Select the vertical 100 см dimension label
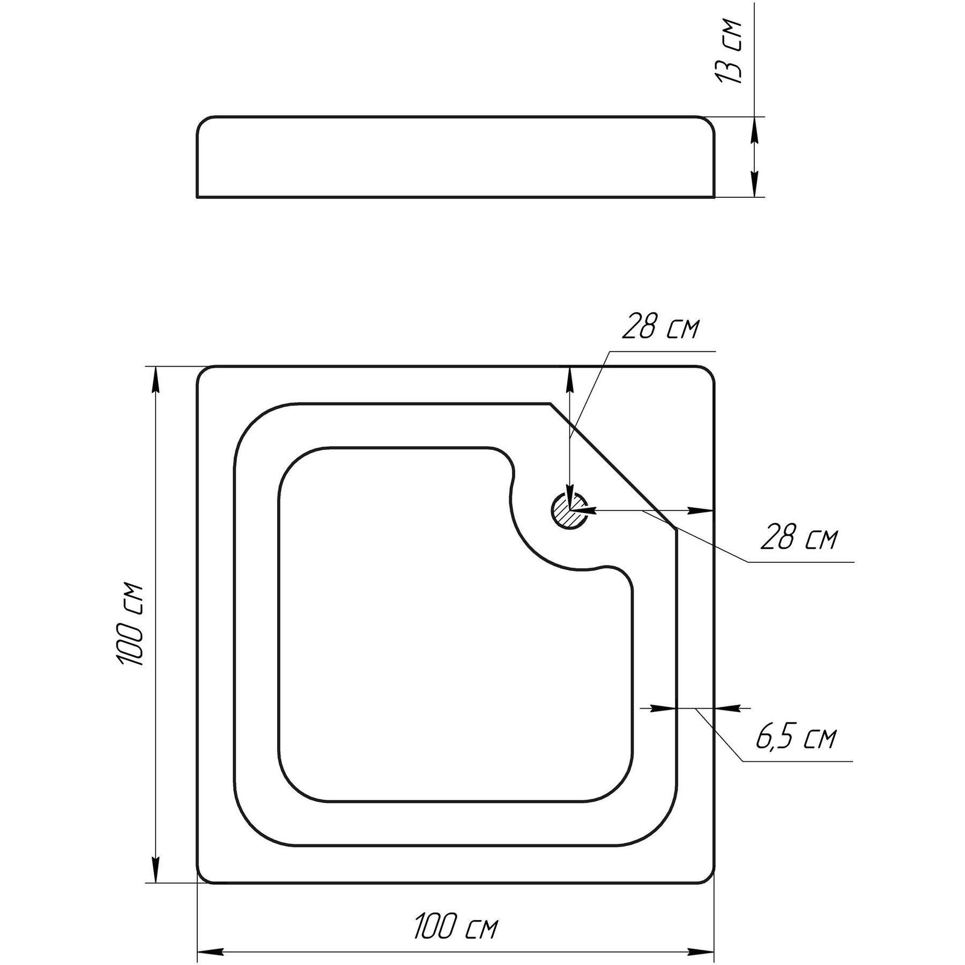coord(130,624)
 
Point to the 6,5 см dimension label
coord(796,739)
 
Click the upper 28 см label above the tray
coord(660,329)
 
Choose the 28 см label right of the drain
coord(798,540)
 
